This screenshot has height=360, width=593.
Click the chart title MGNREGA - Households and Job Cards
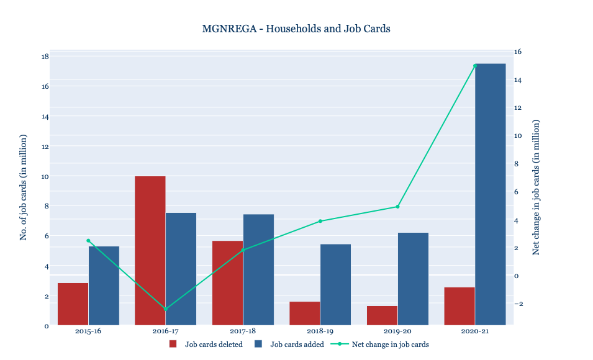(296, 29)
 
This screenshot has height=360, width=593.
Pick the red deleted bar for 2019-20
(383, 315)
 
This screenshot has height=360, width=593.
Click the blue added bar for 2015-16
(104, 286)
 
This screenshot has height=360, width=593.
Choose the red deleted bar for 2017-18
(228, 282)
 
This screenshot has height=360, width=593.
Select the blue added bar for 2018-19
(336, 284)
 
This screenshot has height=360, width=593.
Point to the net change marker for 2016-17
(166, 309)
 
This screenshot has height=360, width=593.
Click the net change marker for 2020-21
(475, 65)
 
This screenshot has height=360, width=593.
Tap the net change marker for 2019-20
(398, 207)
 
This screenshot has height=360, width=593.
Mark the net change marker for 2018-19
(320, 221)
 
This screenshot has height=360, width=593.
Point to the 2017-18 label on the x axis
(243, 331)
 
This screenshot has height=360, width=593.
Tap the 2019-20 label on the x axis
(398, 331)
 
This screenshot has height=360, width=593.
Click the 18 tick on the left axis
(45, 56)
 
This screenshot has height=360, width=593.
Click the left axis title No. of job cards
(24, 187)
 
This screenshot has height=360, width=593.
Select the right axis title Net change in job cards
(536, 187)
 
